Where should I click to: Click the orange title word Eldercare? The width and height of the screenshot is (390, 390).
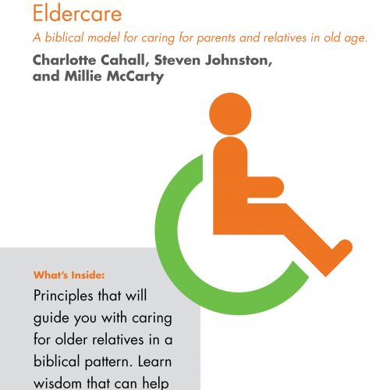(77, 13)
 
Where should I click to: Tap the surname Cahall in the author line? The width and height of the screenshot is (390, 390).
(122, 60)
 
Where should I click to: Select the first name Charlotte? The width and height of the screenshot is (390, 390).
(65, 60)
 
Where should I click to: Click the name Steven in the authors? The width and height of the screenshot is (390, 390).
(177, 60)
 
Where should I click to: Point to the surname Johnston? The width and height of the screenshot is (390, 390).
(238, 60)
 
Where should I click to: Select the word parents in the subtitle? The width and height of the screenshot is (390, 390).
(217, 38)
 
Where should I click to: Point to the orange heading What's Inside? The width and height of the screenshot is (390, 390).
(69, 275)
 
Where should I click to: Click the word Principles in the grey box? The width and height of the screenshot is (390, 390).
(63, 296)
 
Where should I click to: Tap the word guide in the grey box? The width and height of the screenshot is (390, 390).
(51, 318)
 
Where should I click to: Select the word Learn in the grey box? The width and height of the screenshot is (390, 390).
(154, 361)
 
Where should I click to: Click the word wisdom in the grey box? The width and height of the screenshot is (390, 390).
(58, 383)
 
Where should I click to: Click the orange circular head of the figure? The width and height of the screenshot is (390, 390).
(230, 114)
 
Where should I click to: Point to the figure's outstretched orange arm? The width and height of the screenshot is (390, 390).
(265, 187)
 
